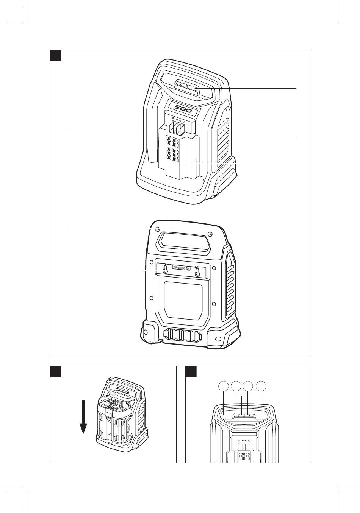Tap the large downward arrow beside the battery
83,416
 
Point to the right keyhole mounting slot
197,271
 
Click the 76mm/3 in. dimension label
181,268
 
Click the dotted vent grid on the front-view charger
173,150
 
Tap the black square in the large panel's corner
55,55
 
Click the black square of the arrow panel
55,371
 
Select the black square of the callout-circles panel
191,371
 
